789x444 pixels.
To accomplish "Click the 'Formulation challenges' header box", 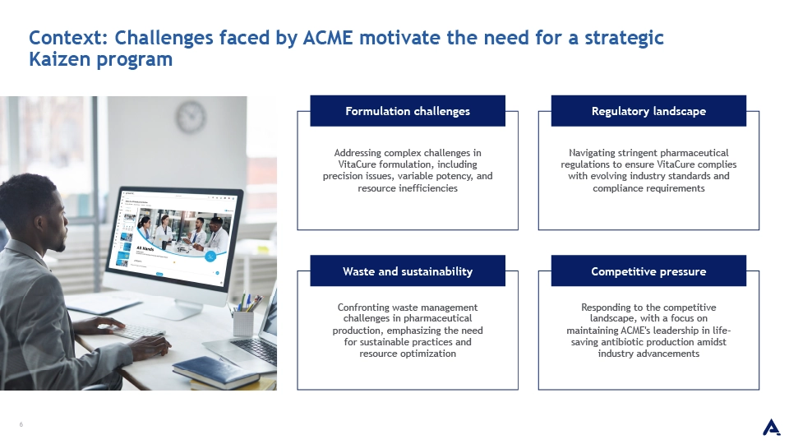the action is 408,111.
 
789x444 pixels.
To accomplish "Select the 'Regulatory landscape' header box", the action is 648,111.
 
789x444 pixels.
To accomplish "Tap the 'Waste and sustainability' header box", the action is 408,271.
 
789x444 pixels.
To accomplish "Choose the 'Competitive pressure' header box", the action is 648,271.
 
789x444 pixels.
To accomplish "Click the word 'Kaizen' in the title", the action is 60,59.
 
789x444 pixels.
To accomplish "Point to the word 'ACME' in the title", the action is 328,38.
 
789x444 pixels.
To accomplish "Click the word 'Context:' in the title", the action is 68,38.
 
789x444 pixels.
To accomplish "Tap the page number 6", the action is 21,424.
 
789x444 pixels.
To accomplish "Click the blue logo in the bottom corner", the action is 772,428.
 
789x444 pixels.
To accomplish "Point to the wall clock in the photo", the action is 191,117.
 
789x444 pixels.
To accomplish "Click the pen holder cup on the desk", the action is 243,322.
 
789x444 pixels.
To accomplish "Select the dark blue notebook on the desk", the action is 216,372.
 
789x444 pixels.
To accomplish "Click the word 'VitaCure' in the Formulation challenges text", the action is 358,164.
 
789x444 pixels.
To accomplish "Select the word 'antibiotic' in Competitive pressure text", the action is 622,342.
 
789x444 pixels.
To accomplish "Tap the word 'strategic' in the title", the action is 624,39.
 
